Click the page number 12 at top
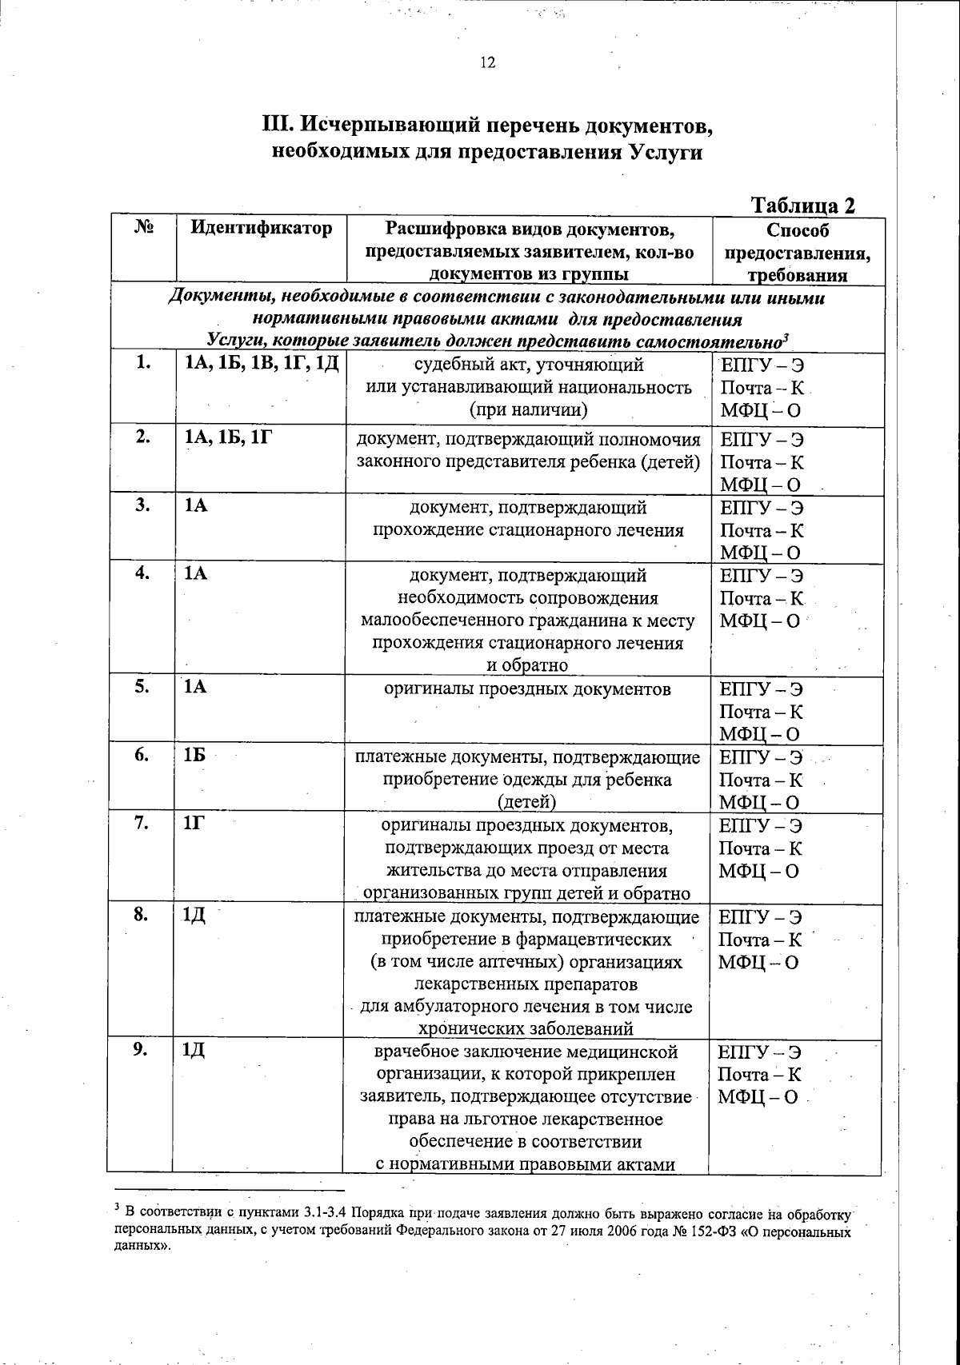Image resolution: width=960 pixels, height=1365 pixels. click(x=488, y=63)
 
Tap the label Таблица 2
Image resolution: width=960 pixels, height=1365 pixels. click(x=804, y=206)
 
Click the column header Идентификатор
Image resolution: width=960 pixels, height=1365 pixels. click(x=261, y=229)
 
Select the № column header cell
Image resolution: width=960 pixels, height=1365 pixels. click(x=143, y=228)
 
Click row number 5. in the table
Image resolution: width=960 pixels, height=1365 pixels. click(x=142, y=686)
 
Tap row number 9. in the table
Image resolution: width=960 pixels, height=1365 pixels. click(x=142, y=1051)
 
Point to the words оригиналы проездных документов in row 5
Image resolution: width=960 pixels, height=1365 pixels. click(x=527, y=688)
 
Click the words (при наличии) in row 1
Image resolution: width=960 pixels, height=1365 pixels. click(x=528, y=410)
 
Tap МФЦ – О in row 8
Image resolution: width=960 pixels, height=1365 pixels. click(x=758, y=963)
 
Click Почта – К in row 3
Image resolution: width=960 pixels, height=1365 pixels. click(x=762, y=530)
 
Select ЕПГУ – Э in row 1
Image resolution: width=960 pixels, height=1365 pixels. click(x=762, y=365)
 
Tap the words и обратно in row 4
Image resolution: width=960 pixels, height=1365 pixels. click(x=528, y=665)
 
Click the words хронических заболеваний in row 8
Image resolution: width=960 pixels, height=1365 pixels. click(x=526, y=1029)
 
